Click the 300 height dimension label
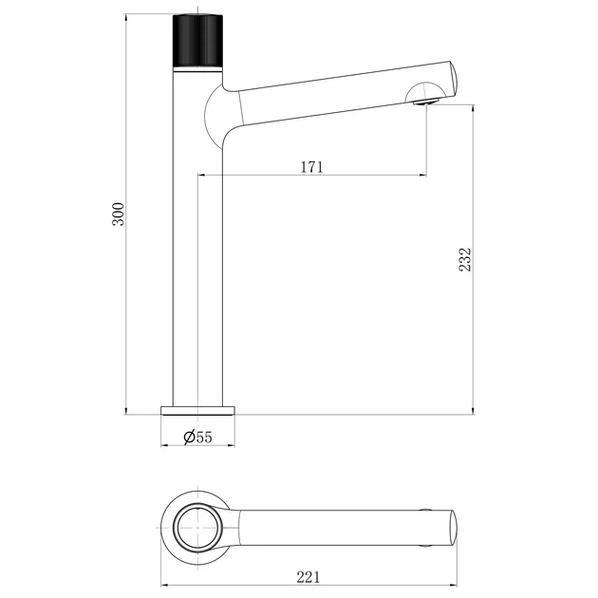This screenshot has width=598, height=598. (x=119, y=215)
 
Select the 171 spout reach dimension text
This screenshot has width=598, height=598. (x=312, y=167)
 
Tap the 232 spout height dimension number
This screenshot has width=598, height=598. (x=465, y=260)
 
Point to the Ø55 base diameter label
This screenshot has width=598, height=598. (x=197, y=437)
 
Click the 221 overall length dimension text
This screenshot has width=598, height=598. (x=308, y=577)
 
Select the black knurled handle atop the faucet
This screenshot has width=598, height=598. (x=197, y=41)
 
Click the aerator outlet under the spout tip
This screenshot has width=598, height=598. (x=426, y=102)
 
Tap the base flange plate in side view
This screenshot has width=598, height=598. (x=197, y=410)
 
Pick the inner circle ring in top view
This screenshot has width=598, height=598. (x=197, y=527)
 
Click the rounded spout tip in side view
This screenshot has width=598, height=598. (x=453, y=80)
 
